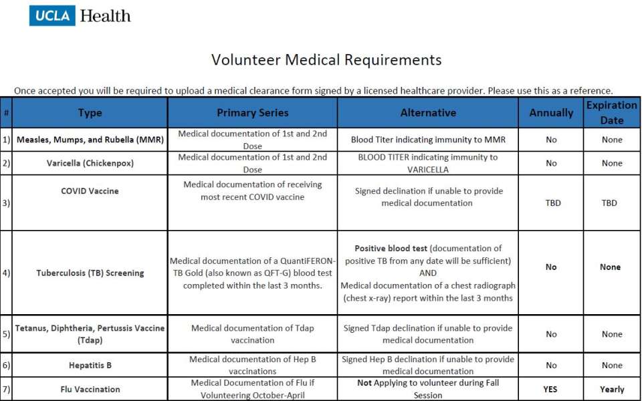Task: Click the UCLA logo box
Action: point(52,15)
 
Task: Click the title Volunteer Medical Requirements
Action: point(326,59)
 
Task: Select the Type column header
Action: point(90,113)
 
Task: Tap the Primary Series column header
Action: point(253,113)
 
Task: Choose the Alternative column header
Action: point(428,113)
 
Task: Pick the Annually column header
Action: point(551,113)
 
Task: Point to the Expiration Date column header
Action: point(612,113)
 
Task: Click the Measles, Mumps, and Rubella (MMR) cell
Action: point(90,140)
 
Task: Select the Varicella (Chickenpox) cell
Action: point(90,163)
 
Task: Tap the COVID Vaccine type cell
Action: point(90,191)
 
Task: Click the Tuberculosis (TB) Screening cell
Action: point(90,273)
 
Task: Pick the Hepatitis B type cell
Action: point(90,366)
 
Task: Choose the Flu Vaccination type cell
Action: point(90,389)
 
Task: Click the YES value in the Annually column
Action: point(551,389)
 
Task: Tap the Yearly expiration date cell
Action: point(612,389)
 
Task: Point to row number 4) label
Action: point(6,273)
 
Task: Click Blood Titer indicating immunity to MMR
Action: point(428,140)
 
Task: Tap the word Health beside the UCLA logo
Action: point(105,15)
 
